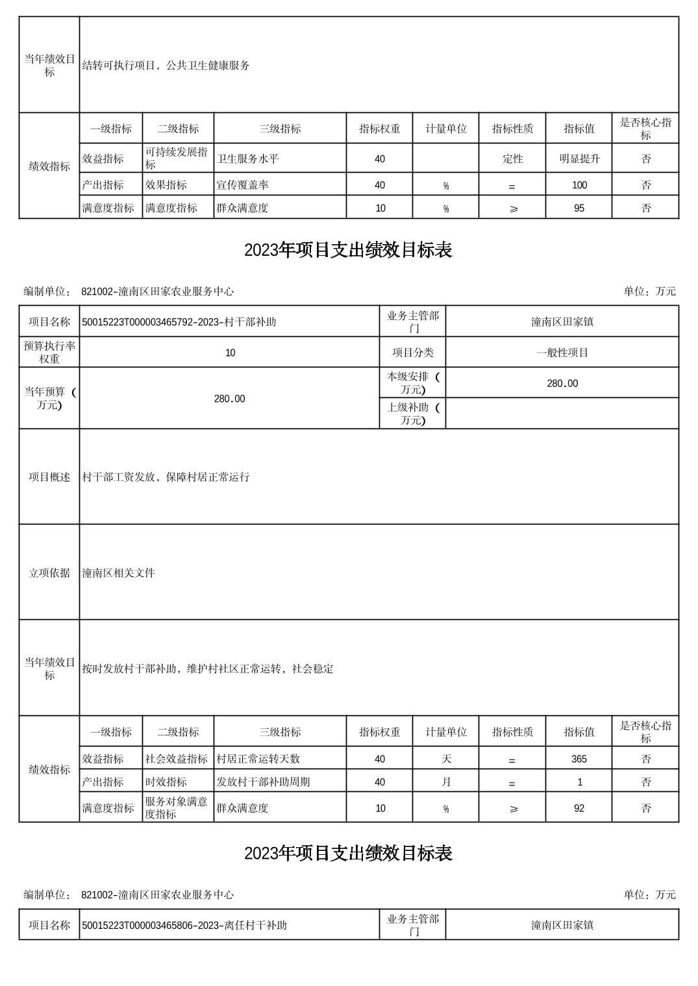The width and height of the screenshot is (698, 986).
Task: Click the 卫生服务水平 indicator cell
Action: coord(247,158)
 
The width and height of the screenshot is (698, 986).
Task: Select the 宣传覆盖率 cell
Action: coord(242,185)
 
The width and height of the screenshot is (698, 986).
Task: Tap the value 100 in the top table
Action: coord(579,185)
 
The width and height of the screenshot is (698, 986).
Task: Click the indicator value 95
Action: coord(579,208)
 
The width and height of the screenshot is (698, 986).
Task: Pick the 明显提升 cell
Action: coord(579,158)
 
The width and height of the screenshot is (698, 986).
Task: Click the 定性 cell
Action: coord(512,158)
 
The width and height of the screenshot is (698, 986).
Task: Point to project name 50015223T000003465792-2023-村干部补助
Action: coord(179,322)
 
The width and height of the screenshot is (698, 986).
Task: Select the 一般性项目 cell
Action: coord(562,352)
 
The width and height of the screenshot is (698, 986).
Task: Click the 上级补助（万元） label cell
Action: coord(413,413)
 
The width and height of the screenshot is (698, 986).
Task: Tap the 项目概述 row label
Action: coord(49,477)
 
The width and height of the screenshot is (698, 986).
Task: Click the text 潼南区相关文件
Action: coord(119,573)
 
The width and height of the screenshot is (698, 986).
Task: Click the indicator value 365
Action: coord(579,759)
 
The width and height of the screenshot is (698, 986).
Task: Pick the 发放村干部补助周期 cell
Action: coord(263,782)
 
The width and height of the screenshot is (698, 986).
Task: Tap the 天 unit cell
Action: coord(446,759)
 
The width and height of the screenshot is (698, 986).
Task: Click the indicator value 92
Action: coord(579,808)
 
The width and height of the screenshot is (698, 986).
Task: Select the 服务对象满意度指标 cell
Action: coord(177,808)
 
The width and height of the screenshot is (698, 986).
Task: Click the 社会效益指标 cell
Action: coord(177,759)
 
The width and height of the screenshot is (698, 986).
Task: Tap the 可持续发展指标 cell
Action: coord(177,158)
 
